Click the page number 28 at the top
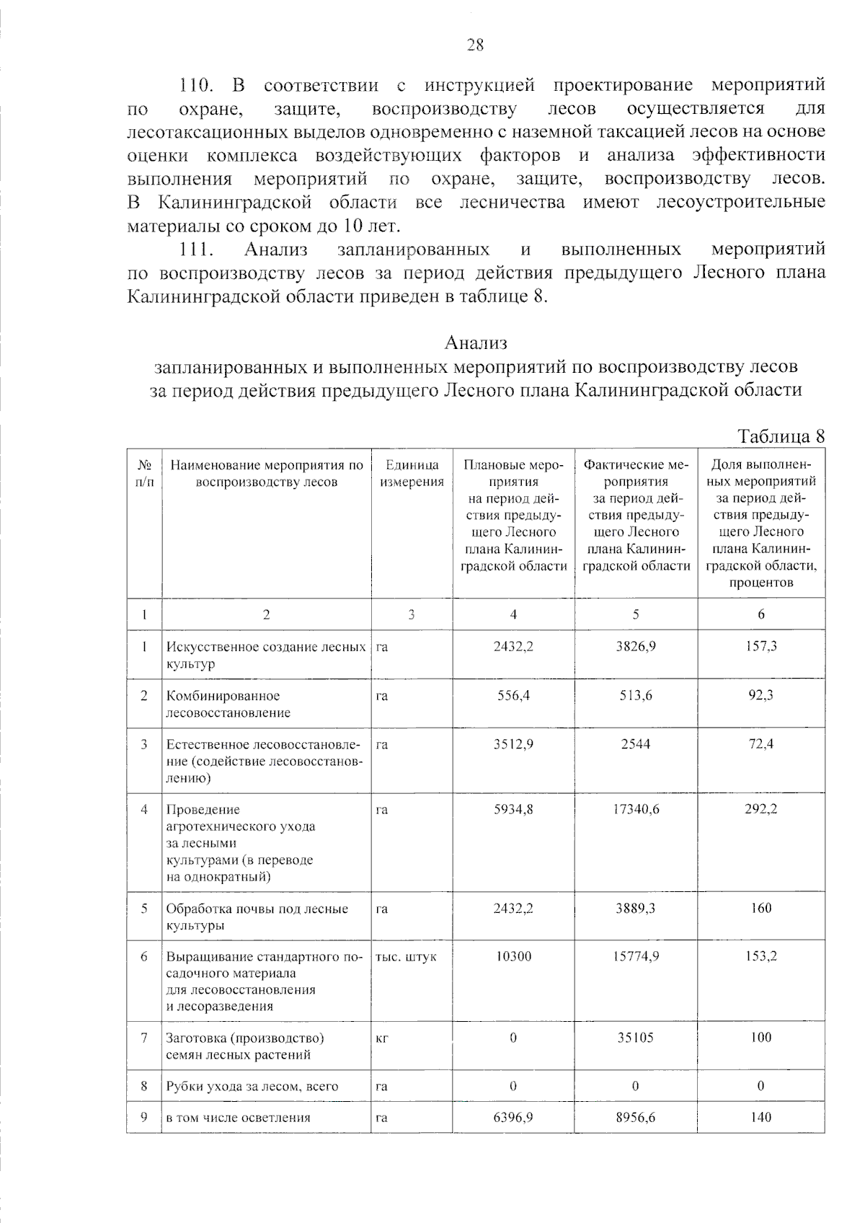click(475, 45)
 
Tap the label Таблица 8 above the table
click(781, 436)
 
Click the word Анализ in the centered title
click(476, 341)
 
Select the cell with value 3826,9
click(635, 647)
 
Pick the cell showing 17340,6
click(635, 809)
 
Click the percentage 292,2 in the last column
click(760, 809)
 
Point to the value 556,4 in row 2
click(513, 696)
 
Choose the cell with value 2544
click(635, 743)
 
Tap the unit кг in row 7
click(383, 1038)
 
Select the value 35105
click(635, 1038)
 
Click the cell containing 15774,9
click(635, 957)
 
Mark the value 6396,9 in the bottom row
click(513, 1118)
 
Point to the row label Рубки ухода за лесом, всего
click(252, 1087)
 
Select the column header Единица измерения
click(412, 474)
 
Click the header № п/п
click(144, 474)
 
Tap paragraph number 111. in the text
click(198, 250)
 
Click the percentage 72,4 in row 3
click(760, 743)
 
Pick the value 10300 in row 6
click(513, 957)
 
